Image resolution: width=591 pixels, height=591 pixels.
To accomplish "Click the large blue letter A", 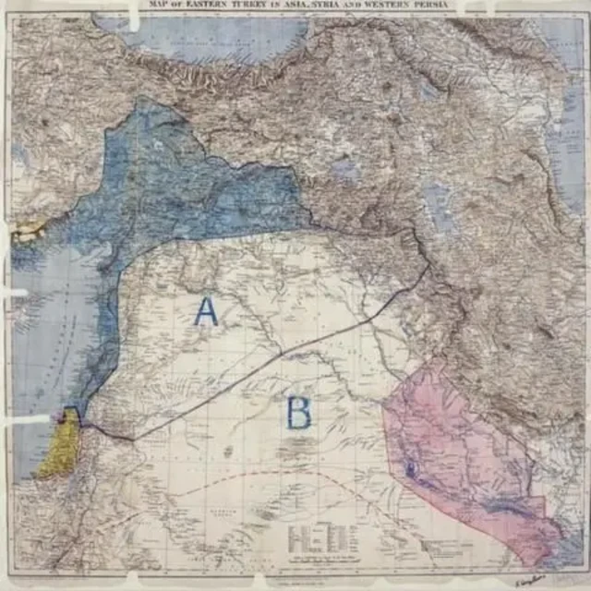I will pyautogui.click(x=206, y=311).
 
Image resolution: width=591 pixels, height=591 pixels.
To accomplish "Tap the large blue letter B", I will pyautogui.click(x=298, y=413).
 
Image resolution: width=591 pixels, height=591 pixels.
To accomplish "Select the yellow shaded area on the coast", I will pyautogui.click(x=58, y=445).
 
